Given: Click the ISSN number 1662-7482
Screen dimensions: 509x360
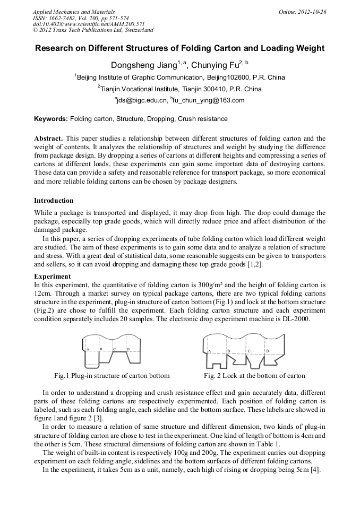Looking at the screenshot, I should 62,18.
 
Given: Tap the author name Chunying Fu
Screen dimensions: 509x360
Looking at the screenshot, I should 215,65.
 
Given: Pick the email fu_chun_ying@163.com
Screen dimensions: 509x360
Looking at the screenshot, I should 208,100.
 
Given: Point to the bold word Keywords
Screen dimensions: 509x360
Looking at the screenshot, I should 51,119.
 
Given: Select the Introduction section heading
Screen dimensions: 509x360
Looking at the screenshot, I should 54,201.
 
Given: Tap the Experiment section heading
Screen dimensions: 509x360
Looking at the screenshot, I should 52,277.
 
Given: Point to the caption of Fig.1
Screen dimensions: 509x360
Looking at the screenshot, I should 112,376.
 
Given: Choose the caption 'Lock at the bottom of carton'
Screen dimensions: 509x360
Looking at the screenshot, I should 254,376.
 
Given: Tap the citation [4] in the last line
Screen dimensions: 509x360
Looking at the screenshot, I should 314,471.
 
